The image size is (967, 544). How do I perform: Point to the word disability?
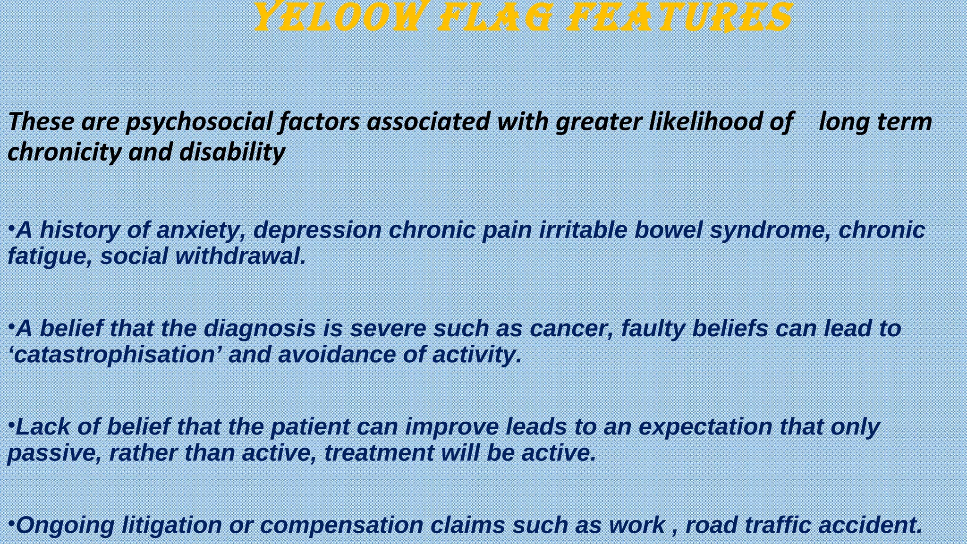[232, 152]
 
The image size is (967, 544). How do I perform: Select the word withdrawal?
[240, 256]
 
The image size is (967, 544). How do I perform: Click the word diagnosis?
[259, 329]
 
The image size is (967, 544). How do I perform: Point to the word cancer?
[571, 329]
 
